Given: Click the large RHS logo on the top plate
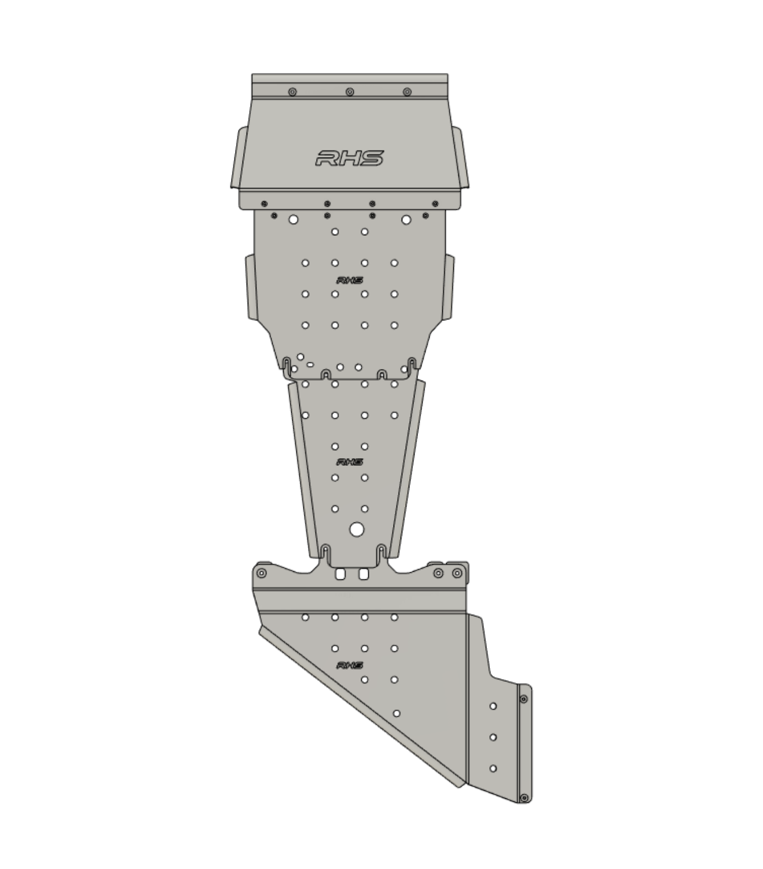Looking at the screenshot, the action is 349,158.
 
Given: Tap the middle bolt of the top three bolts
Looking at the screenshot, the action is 350,92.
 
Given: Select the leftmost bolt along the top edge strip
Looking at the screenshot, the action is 292,92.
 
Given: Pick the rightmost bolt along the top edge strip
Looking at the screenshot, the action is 407,92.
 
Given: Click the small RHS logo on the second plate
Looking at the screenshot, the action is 350,280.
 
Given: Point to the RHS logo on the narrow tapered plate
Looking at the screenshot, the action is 350,462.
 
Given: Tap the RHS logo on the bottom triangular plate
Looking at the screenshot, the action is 350,665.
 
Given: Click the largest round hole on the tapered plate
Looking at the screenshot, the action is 357,530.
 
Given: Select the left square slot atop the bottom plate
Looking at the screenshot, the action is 340,574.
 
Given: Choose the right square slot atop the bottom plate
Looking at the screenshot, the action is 364,574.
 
